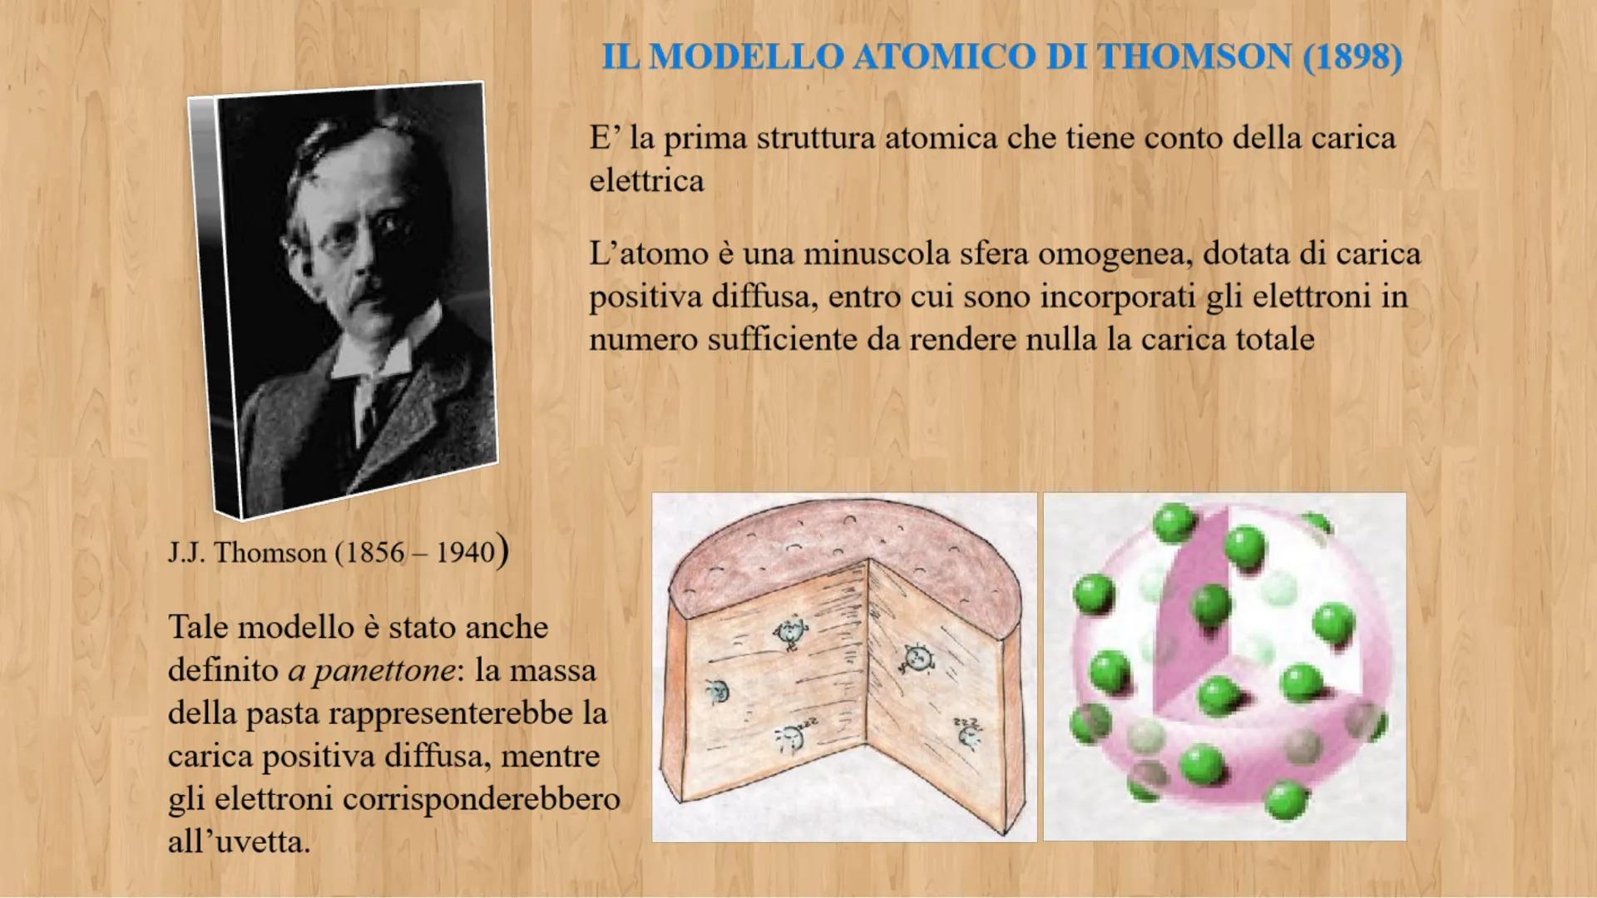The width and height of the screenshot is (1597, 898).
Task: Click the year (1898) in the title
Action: [x=1352, y=57]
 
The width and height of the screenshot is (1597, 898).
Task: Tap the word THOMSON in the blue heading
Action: [x=1195, y=57]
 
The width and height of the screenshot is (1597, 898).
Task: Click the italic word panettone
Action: [x=372, y=670]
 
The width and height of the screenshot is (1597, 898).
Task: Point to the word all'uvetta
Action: [x=239, y=841]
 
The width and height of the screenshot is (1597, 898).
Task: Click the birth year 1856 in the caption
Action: [x=373, y=553]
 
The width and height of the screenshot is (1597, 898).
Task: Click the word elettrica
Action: [x=646, y=180]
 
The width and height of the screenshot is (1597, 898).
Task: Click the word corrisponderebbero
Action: [x=481, y=799]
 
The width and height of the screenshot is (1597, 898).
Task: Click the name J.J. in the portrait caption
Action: [x=186, y=553]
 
